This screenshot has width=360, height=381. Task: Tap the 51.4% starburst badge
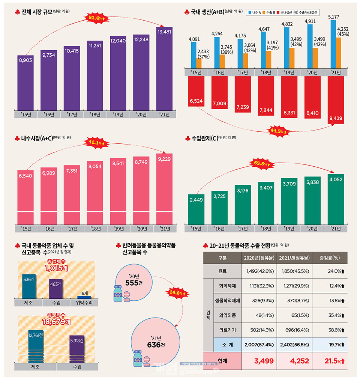[96, 18]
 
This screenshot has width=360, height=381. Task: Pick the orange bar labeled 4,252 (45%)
[338, 53]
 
